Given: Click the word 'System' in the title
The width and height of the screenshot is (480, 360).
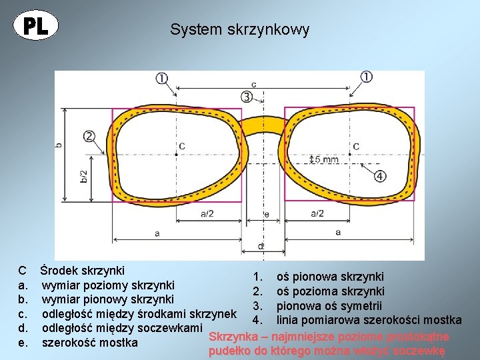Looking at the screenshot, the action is (189, 30).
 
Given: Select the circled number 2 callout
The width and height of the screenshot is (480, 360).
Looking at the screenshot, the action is (89, 136).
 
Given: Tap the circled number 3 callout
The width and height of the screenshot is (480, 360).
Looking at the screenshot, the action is (247, 97).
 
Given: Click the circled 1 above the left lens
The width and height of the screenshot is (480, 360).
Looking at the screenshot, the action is (162, 78).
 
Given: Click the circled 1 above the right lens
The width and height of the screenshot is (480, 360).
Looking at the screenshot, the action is (367, 77).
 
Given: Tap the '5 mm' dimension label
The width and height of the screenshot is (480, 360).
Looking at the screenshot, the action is (326, 159).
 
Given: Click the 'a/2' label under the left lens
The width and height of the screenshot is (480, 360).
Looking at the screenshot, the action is (207, 213).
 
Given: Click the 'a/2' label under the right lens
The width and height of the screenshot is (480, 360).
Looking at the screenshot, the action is (317, 213).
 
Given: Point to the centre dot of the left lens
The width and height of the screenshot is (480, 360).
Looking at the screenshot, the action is (176, 154).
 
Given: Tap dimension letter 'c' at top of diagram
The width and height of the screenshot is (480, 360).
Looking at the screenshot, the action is (253, 84).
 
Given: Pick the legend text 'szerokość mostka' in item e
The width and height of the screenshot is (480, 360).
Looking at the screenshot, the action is (90, 343).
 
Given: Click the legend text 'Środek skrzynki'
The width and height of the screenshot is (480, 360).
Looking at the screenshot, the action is (82, 271).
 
